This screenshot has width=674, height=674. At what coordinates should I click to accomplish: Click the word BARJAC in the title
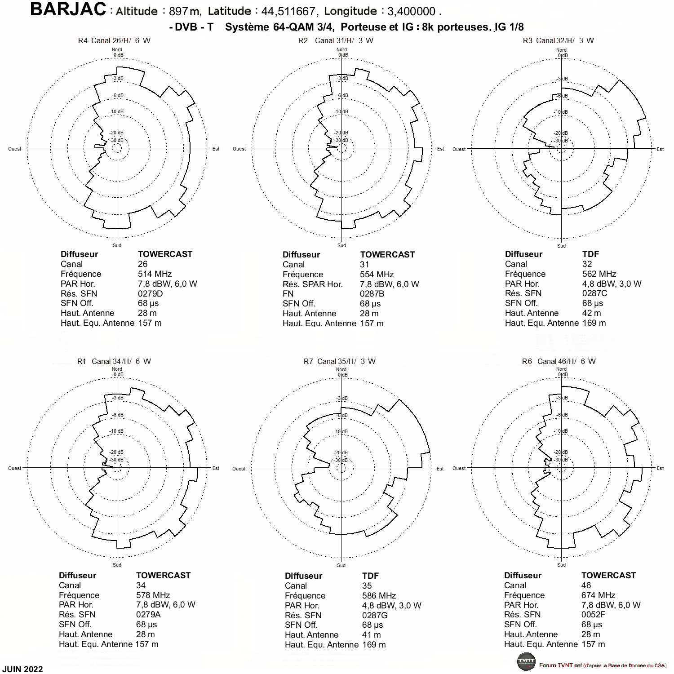tap(68, 9)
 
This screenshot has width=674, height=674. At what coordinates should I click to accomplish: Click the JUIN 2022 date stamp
tap(22, 669)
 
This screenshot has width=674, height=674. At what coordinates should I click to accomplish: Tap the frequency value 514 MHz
tap(155, 274)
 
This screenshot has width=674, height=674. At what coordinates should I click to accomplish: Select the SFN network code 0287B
tap(372, 294)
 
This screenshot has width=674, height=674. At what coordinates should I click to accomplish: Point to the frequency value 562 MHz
tap(599, 274)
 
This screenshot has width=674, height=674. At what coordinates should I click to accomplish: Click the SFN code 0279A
tap(148, 614)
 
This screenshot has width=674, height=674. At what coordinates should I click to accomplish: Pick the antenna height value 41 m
tap(371, 635)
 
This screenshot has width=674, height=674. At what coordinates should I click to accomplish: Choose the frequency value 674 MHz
tap(598, 595)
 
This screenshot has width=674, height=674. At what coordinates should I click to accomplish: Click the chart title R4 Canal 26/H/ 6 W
tap(114, 40)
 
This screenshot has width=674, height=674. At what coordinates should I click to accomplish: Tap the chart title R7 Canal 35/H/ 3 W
tap(340, 361)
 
